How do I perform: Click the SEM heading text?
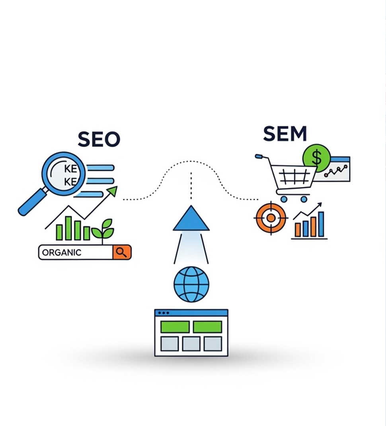(285, 134)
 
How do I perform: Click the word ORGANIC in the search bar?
(62, 252)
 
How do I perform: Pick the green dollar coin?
(316, 158)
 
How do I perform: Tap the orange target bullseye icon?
(271, 218)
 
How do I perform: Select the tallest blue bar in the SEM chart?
(321, 224)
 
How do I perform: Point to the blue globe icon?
(191, 284)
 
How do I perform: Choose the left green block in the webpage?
(175, 326)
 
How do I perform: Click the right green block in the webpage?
(207, 326)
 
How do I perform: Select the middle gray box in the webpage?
(191, 344)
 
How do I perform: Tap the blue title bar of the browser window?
(191, 313)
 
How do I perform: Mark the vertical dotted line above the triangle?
(191, 186)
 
